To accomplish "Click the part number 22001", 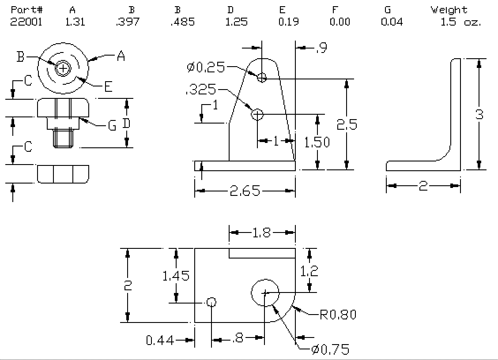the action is click(26, 22).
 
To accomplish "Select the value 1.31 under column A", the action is click(75, 22).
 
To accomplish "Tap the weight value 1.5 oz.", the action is click(461, 22).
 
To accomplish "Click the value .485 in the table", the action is click(182, 22).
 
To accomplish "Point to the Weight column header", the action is click(449, 10).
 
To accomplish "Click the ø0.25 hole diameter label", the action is click(206, 67).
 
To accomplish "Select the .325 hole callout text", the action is click(201, 90).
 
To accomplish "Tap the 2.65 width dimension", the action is click(245, 191).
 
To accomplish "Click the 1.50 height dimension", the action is click(317, 142).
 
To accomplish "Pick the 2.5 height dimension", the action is click(347, 124).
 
